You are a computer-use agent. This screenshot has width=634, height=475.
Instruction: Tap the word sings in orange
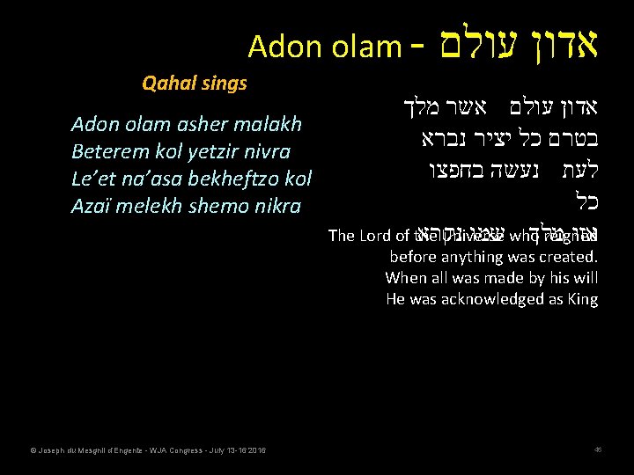click(224, 84)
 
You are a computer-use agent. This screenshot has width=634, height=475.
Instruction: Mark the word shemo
click(221, 207)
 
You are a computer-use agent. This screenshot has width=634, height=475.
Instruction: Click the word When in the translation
click(405, 278)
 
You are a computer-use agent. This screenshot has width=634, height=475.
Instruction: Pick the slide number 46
click(597, 451)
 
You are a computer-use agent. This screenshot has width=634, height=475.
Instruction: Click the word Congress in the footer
click(193, 451)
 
